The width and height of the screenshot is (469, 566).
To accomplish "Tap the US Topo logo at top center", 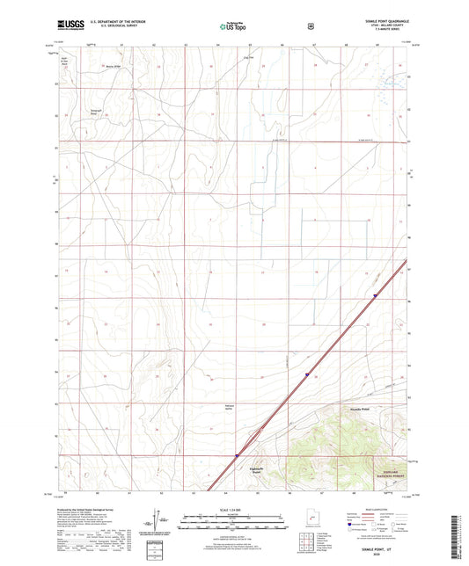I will pos(232,26).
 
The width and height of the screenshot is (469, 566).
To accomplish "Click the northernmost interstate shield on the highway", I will pos(376,296).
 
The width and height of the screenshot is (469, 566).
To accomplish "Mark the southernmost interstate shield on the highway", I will pos(237,455).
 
